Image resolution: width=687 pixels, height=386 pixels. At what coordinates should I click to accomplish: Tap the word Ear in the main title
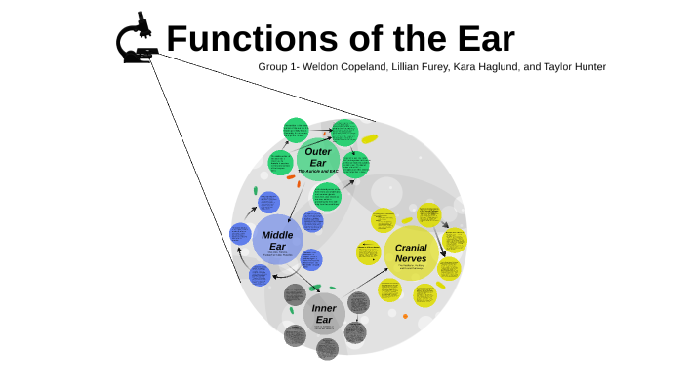tap(479, 39)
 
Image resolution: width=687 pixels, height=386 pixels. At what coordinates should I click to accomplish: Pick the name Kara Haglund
tap(491, 67)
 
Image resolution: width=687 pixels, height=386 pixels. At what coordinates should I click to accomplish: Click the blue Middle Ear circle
tap(277, 240)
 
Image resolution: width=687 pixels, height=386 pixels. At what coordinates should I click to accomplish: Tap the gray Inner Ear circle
tap(323, 314)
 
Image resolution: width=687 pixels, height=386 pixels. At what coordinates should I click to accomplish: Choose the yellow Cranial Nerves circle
tap(410, 253)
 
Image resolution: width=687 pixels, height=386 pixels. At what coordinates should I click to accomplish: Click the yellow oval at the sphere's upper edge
tap(369, 139)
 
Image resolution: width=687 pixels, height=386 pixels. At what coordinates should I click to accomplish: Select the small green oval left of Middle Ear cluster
tap(256, 189)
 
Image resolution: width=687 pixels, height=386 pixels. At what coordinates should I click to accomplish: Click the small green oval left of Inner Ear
tap(290, 310)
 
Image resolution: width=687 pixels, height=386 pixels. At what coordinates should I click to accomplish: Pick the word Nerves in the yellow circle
tap(410, 259)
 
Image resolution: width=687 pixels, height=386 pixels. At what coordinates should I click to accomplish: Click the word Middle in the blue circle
tap(277, 234)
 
